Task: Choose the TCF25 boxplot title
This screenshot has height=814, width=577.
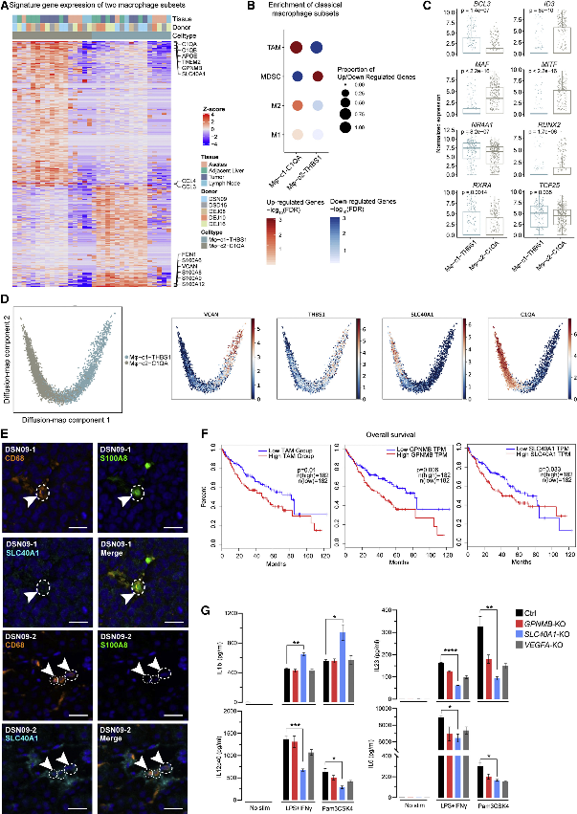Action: [x=534, y=185]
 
